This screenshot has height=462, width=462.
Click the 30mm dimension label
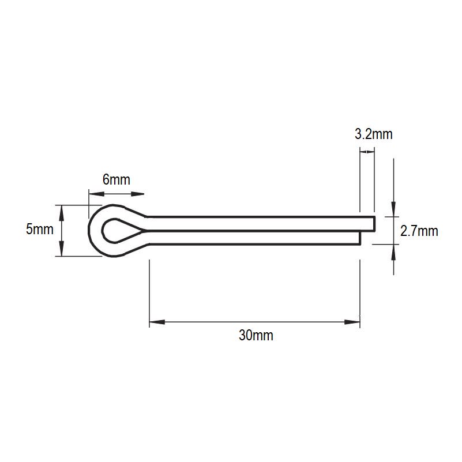point(256,336)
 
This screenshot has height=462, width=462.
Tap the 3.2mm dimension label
point(373,134)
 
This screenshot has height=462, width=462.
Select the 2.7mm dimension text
point(419,232)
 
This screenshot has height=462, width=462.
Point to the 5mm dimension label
point(40,230)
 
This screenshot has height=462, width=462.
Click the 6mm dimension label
point(116,179)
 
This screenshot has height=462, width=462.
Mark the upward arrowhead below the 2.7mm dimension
point(394,251)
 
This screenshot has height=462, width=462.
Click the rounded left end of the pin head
point(91,231)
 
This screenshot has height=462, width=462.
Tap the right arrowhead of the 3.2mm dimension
point(372,152)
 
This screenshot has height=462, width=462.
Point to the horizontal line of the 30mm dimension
point(254,322)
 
